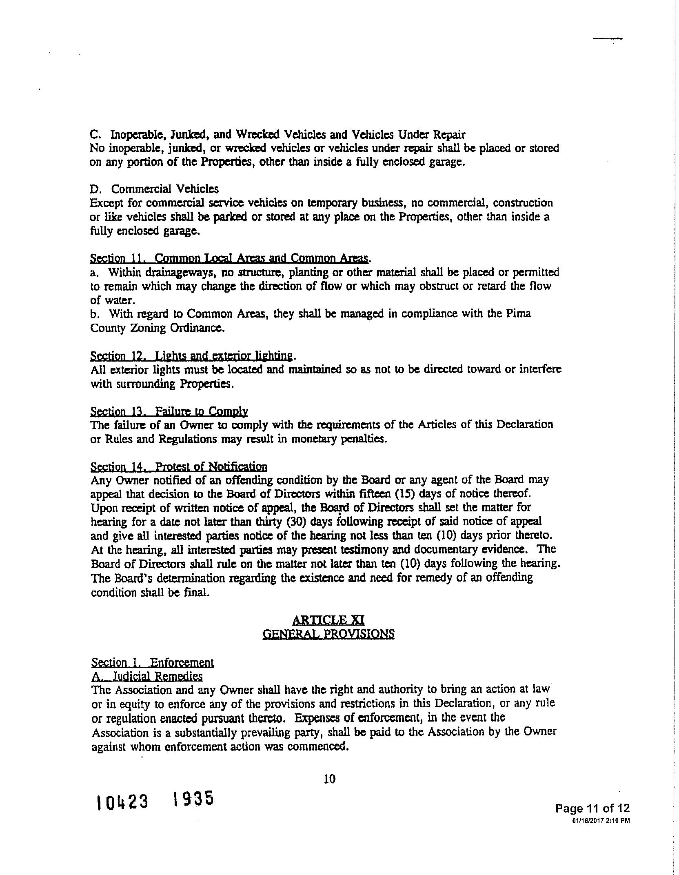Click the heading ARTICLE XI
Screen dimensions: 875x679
[328, 620]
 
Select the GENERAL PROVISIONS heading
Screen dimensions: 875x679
[328, 634]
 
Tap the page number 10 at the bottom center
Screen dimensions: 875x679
[329, 779]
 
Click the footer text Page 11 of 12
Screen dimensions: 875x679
[592, 808]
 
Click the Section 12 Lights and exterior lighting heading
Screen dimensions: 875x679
[191, 356]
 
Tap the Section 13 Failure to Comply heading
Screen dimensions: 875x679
[169, 411]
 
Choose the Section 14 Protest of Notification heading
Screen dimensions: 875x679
[179, 466]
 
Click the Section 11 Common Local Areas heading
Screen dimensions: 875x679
[229, 258]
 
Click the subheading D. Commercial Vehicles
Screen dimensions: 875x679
[154, 189]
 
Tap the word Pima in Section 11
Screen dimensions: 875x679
[519, 314]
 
